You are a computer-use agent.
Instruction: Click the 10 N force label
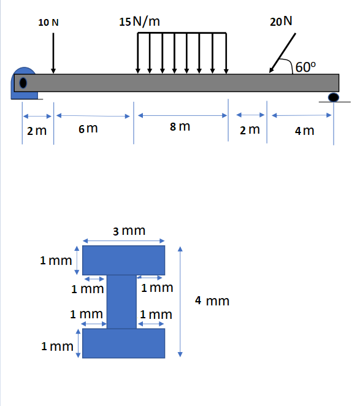48,22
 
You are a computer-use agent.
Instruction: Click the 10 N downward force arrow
54,52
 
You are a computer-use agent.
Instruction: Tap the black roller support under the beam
334,97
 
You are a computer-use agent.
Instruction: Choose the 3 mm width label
129,231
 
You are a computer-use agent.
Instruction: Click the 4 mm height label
212,301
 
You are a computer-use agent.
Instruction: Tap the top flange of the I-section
123,260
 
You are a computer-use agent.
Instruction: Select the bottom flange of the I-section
123,343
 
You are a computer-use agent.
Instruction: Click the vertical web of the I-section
121,302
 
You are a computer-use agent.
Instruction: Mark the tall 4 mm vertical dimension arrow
180,301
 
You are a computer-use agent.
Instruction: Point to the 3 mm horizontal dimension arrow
123,240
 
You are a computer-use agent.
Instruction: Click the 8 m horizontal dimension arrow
182,115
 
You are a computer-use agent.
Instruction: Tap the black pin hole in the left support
23,83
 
